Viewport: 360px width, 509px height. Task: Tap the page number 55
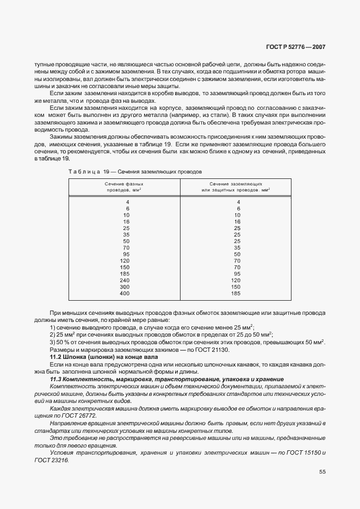coord(322,472)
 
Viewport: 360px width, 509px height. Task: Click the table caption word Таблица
coord(84,171)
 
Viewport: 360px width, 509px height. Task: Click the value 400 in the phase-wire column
coord(125,294)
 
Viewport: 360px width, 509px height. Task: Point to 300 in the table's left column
coord(125,287)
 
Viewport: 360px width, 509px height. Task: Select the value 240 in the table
coord(125,280)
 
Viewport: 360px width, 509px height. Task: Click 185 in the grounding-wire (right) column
coord(236,294)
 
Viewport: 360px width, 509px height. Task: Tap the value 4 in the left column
coord(127,202)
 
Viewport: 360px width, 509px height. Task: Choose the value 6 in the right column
coord(238,208)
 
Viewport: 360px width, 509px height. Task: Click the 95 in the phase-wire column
coord(126,254)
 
